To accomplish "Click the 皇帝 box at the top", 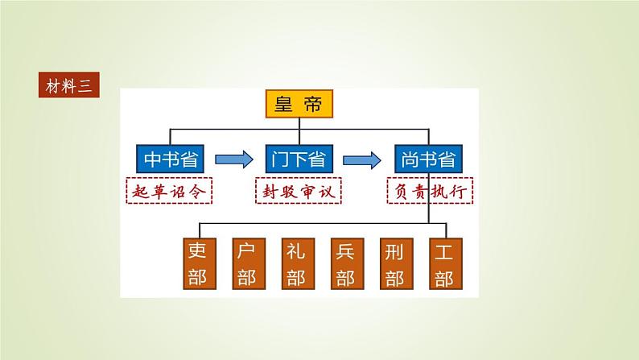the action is click(299, 105).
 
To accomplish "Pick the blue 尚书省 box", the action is click(427, 159).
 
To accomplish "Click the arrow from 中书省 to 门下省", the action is click(234, 159).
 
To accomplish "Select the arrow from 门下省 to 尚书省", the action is click(363, 159).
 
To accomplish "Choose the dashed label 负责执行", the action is click(428, 191).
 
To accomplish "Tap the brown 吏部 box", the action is click(196, 263).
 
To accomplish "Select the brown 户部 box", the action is click(245, 263).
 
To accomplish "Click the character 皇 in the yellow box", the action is click(283, 105).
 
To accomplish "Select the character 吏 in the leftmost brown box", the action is click(196, 250).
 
